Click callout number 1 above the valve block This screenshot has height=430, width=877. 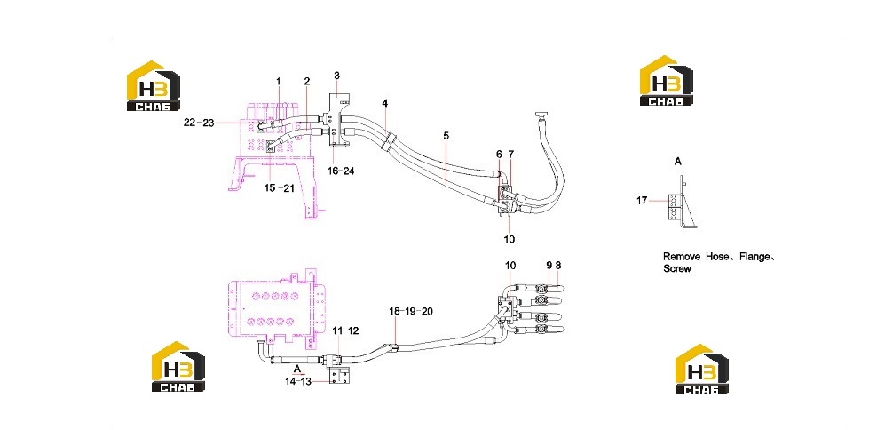pyautogui.click(x=279, y=81)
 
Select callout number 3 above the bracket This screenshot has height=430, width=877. pyautogui.click(x=336, y=75)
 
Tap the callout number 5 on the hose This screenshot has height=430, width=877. pyautogui.click(x=446, y=136)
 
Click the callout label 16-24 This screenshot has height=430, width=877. pyautogui.click(x=341, y=171)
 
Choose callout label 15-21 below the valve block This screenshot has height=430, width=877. pyautogui.click(x=280, y=188)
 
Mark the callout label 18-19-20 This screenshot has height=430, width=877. pyautogui.click(x=411, y=311)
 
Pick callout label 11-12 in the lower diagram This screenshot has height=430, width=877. pyautogui.click(x=345, y=330)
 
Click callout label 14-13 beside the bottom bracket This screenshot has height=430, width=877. pyautogui.click(x=298, y=381)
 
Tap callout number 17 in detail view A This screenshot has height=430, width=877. pyautogui.click(x=642, y=200)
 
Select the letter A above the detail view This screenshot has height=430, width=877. pyautogui.click(x=678, y=162)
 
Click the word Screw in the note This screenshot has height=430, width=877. pyautogui.click(x=677, y=268)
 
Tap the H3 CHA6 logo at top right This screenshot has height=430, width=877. pyautogui.click(x=666, y=80)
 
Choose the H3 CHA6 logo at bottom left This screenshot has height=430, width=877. pyautogui.click(x=178, y=366)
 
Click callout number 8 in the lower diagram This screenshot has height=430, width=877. pyautogui.click(x=558, y=265)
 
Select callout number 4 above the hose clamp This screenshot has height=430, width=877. pyautogui.click(x=385, y=103)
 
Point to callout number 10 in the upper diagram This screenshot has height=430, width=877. pyautogui.click(x=509, y=239)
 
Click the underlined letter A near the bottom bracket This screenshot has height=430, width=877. pyautogui.click(x=298, y=369)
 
